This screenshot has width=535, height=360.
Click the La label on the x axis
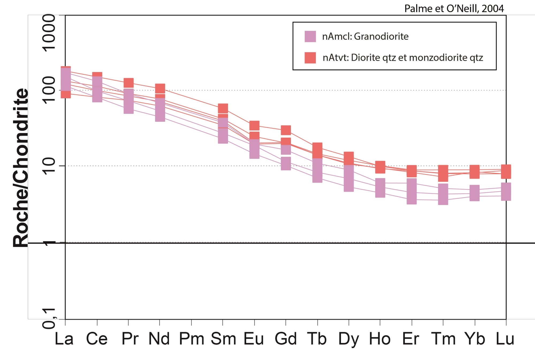click(x=64, y=339)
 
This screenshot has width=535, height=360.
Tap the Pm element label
click(x=191, y=339)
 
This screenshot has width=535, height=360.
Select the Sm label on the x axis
click(x=223, y=339)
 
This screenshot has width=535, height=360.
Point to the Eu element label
click(x=254, y=339)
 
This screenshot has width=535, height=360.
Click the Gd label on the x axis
click(x=286, y=339)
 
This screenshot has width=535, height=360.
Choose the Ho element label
click(x=380, y=339)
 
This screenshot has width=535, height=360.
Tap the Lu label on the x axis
click(x=505, y=339)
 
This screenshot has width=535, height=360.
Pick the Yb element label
click(x=475, y=339)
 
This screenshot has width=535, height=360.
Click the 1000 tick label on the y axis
click(x=49, y=33)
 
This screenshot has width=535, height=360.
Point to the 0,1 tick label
click(x=49, y=318)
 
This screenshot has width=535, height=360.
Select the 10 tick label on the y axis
click(x=49, y=166)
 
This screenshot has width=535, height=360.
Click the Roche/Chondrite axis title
click(x=21, y=168)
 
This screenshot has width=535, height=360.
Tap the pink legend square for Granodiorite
click(x=310, y=36)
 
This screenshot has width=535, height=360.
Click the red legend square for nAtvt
click(x=310, y=58)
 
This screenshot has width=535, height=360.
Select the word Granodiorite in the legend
click(x=381, y=36)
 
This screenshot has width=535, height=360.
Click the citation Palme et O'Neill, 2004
click(x=454, y=9)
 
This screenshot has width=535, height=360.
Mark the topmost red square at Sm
click(x=223, y=108)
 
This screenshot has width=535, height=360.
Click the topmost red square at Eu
click(x=255, y=126)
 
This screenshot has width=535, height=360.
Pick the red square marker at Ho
click(x=380, y=167)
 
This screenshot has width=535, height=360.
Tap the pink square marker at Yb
click(x=475, y=193)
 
